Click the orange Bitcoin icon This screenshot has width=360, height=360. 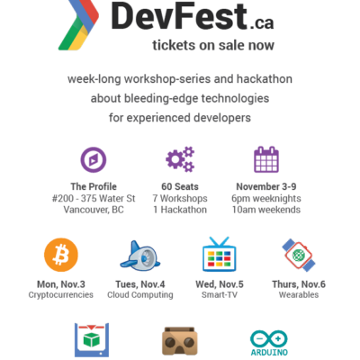point(61,255)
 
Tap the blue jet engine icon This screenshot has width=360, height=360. point(140,256)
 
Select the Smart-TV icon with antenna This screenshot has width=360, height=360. point(220,255)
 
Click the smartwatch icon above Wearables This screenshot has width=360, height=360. point(299,256)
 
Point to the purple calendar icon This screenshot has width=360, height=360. point(266,159)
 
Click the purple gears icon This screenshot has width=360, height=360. point(180,159)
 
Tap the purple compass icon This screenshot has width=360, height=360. point(94,160)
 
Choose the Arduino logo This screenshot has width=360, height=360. point(269,343)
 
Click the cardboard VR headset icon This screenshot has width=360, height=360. point(180,341)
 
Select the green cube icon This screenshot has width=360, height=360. point(92,340)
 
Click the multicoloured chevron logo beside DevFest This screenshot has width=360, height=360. point(78,25)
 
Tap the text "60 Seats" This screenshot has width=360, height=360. point(180,186)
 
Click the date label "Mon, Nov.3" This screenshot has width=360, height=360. point(61,284)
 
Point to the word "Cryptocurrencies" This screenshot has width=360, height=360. point(61,295)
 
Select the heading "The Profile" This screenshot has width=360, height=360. point(94,186)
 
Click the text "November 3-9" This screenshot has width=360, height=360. point(266,186)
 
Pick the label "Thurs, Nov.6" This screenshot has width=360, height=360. point(299,284)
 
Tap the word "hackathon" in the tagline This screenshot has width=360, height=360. point(265,79)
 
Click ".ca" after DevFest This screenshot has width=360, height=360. point(261,23)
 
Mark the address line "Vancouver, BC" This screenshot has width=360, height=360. point(94,210)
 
